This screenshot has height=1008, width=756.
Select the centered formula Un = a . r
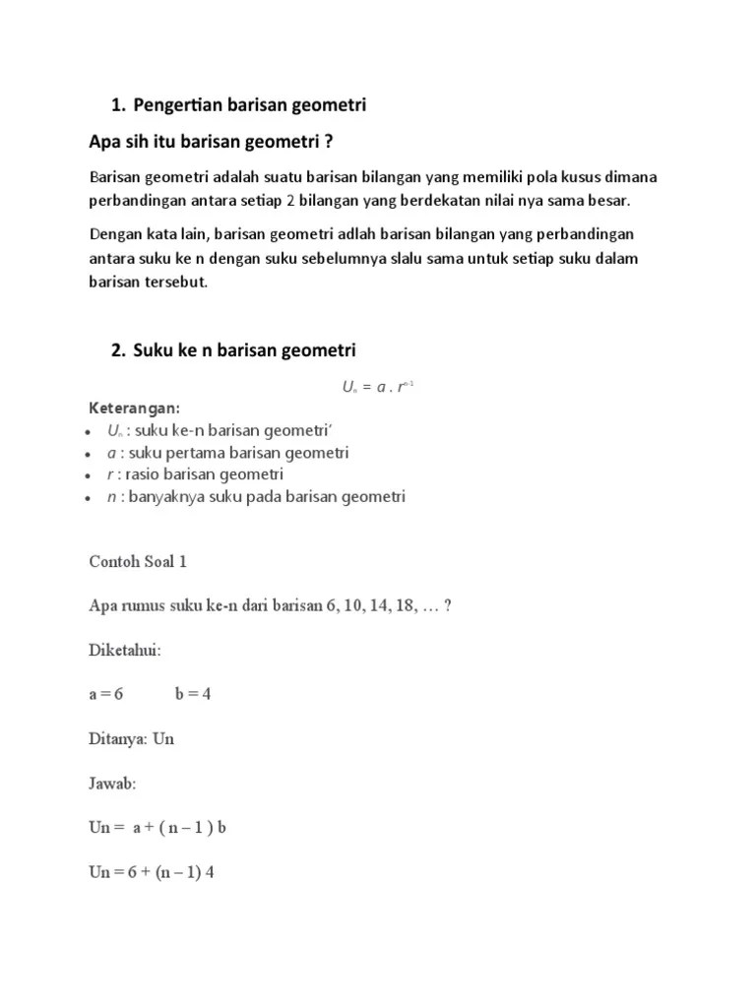coord(377,387)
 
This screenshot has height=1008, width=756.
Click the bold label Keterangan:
coord(135,408)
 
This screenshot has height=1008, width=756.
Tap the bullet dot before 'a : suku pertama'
coord(92,454)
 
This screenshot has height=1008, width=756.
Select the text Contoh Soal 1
coord(138,561)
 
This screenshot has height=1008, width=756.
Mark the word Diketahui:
coord(125,650)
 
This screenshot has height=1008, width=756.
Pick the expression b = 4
coord(193,694)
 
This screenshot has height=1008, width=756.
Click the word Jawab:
coord(112,784)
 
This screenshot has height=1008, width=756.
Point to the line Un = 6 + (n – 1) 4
coord(152,872)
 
